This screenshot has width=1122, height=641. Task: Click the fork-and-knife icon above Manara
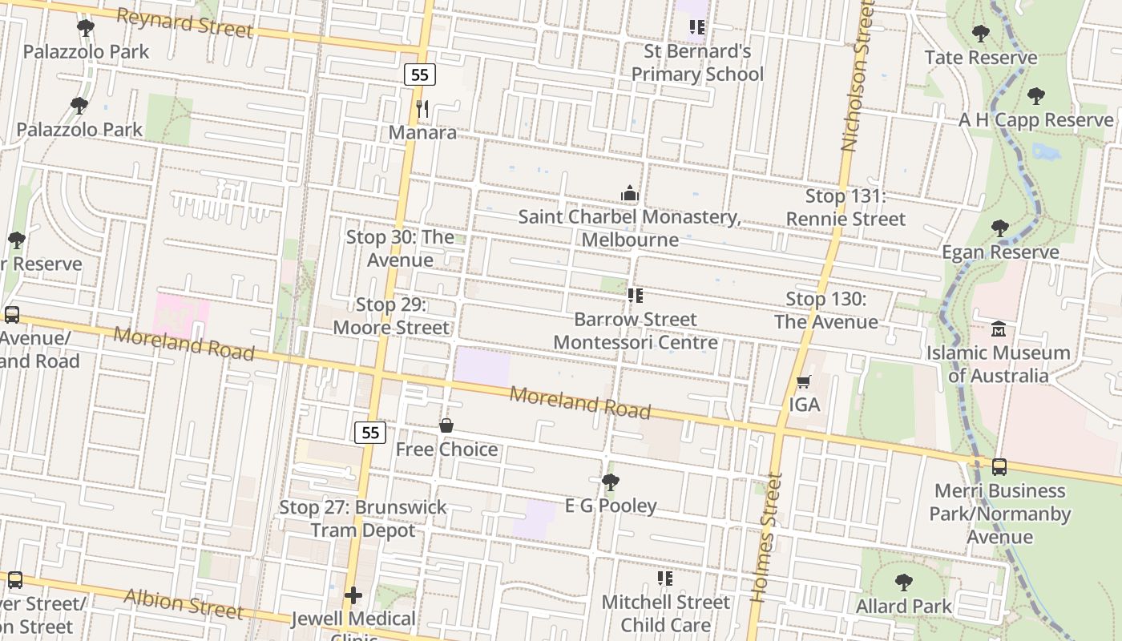click(x=423, y=109)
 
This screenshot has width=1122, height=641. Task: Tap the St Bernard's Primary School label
click(x=697, y=62)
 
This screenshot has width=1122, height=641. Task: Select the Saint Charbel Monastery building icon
click(x=630, y=194)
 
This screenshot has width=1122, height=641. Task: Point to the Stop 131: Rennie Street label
click(x=846, y=208)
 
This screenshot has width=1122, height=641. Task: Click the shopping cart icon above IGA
click(x=804, y=382)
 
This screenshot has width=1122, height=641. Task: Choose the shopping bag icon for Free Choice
click(x=446, y=425)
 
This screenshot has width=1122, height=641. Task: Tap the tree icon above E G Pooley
click(x=610, y=482)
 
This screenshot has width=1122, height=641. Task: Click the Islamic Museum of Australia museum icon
click(x=999, y=329)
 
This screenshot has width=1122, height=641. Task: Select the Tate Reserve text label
click(x=980, y=58)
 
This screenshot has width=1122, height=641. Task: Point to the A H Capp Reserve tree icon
click(x=1035, y=97)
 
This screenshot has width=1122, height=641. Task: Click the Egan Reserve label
click(x=1000, y=252)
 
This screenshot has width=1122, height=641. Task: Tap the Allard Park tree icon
click(x=904, y=583)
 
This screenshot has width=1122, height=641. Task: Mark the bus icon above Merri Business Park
click(x=999, y=467)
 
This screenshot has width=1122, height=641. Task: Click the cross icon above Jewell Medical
click(x=353, y=595)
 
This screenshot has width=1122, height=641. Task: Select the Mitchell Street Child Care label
click(x=665, y=613)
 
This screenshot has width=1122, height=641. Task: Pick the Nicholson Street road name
click(x=856, y=76)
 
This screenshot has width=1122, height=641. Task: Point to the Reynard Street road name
click(x=184, y=23)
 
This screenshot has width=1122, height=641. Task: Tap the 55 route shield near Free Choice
click(x=369, y=433)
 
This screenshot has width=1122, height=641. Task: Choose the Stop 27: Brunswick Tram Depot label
click(x=363, y=518)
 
